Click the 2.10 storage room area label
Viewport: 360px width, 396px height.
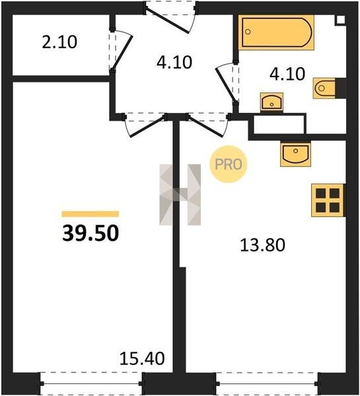click(x=59, y=42)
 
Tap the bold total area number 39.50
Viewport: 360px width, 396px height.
click(x=90, y=233)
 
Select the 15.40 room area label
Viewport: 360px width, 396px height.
click(x=142, y=358)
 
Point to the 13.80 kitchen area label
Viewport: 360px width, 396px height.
click(x=262, y=245)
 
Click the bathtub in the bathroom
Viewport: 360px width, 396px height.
click(x=276, y=32)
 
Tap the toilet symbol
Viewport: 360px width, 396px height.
click(x=324, y=88)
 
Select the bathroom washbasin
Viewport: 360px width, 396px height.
click(x=271, y=102)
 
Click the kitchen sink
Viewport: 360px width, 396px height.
click(x=295, y=154)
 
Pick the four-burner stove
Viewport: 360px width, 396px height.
click(x=328, y=200)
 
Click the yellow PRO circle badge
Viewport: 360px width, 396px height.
click(x=229, y=164)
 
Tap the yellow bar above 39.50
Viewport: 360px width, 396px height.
click(x=90, y=214)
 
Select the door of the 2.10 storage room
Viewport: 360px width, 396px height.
click(x=121, y=50)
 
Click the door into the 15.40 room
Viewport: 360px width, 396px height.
click(x=145, y=125)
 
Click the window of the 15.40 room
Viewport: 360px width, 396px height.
click(x=91, y=384)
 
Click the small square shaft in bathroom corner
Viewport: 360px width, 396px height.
click(x=340, y=20)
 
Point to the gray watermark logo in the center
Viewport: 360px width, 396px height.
click(x=180, y=195)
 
